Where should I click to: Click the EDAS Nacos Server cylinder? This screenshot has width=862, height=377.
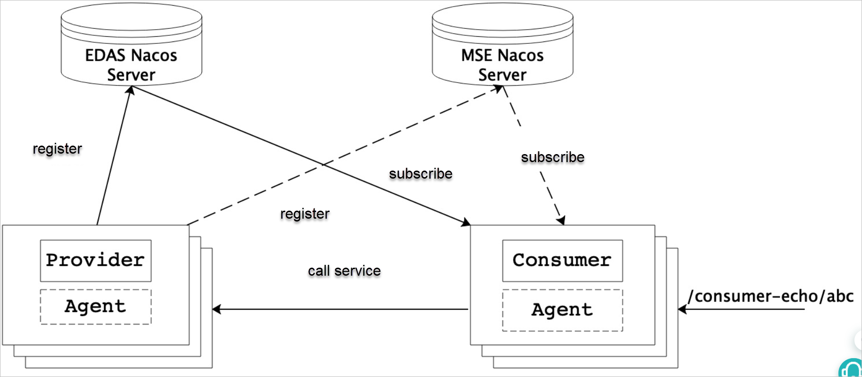[x=131, y=45]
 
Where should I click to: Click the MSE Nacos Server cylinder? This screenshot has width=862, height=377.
[x=502, y=45]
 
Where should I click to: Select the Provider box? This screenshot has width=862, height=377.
[x=96, y=261]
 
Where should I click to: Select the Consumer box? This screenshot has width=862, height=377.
[x=562, y=261]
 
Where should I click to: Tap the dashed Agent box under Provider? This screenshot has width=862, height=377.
[x=96, y=307]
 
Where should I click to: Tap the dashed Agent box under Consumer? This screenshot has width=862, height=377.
[x=562, y=310]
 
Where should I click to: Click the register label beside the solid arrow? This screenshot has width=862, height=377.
[x=57, y=149]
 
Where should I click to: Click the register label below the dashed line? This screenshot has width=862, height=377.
[x=305, y=214]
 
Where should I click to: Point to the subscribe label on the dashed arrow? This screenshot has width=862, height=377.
[x=552, y=157]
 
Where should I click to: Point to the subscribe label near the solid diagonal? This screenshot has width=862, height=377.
[x=420, y=174]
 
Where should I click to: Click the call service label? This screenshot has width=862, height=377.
[x=344, y=271]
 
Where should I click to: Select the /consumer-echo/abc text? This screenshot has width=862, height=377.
[x=771, y=296]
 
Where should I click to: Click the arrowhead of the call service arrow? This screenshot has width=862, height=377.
[x=216, y=309]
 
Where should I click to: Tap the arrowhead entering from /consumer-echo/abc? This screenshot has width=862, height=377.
[x=682, y=309]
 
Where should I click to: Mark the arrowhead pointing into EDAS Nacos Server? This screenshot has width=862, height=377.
[x=131, y=90]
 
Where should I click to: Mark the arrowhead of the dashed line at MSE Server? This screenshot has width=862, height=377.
[x=498, y=89]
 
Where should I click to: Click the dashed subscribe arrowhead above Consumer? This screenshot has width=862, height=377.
[x=561, y=220]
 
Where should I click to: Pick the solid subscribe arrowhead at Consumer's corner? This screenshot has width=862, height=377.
[x=466, y=222]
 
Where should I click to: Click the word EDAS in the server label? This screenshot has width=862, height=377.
[x=105, y=56]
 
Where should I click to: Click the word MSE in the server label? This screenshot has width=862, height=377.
[x=476, y=56]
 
